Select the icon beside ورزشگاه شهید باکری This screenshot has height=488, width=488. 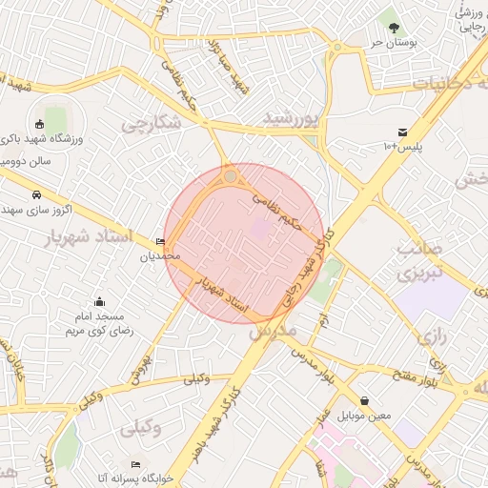pos(39,124)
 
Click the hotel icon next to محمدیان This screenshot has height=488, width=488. pos(159,242)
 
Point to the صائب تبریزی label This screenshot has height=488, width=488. pos(420,262)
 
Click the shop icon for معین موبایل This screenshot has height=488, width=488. pos(364,401)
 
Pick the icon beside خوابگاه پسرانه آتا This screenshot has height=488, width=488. pos(135,463)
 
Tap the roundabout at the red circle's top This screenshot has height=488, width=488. pos(231,176)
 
